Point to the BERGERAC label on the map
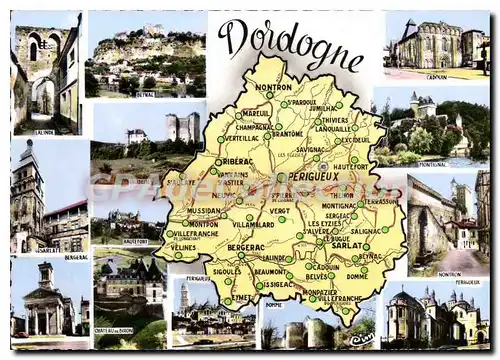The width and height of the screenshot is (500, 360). (x=245, y=246)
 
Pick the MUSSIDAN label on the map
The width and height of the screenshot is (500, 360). (x=202, y=211)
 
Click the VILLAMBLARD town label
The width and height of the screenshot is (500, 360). (x=253, y=224)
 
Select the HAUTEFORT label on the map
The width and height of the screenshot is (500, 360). (x=351, y=166)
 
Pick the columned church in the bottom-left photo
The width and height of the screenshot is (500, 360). (x=45, y=305)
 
